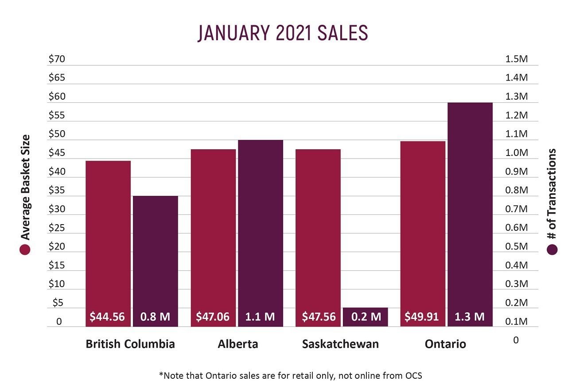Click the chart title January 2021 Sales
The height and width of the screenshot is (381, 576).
pos(283,33)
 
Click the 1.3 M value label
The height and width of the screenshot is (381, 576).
pos(470,317)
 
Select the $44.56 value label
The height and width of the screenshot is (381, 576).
pos(108,317)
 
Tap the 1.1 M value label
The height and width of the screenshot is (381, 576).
pos(260,317)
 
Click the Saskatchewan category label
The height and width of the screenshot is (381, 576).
pos(340,344)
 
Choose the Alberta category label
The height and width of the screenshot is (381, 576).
pos(238,344)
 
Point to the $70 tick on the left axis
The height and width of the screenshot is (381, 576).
pos(57,59)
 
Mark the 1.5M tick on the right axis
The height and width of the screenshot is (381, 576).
pos(517,59)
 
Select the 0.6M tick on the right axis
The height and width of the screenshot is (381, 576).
pos(517,228)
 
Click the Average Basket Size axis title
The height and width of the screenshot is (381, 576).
pos(25,187)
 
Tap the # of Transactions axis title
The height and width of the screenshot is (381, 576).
pos(552,195)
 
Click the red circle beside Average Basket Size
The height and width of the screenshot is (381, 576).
pos(25,250)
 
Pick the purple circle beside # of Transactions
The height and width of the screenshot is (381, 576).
pos(552,250)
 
